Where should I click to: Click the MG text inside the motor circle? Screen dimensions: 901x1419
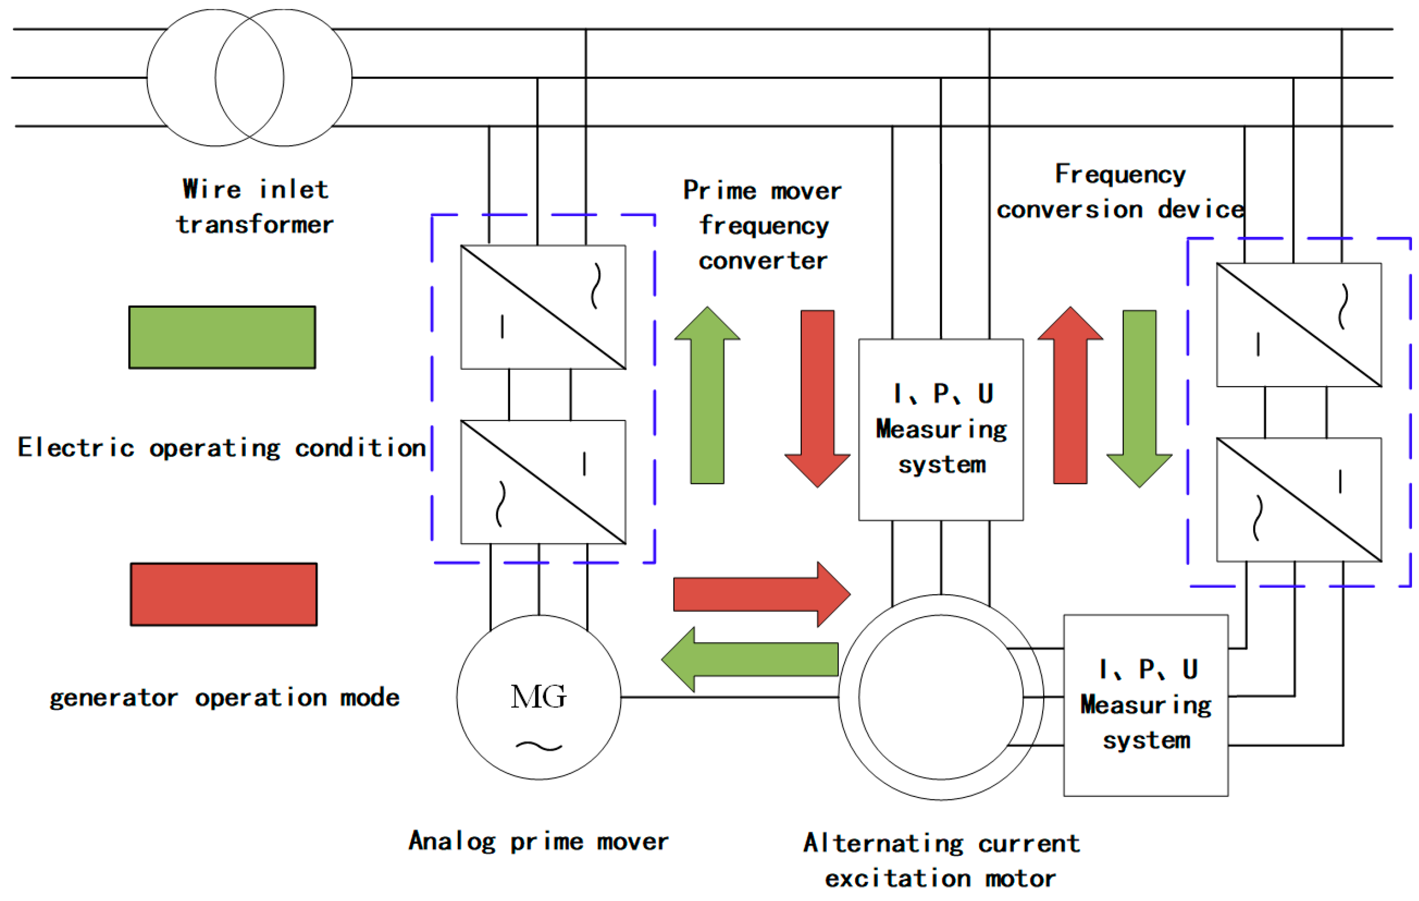(x=538, y=696)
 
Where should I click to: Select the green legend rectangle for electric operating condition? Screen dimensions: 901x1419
(x=222, y=338)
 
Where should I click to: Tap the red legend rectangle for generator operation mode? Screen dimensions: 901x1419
(x=223, y=594)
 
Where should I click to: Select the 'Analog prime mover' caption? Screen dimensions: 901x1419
(x=539, y=841)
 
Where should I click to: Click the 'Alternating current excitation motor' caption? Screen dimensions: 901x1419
(x=941, y=861)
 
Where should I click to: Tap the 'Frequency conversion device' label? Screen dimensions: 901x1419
(x=1120, y=192)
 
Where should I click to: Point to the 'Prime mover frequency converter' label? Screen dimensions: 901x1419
(x=763, y=225)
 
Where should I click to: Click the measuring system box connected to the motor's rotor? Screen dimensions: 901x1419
(x=1146, y=705)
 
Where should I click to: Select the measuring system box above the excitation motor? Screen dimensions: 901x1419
(x=941, y=430)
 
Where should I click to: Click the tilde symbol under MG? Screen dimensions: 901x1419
(x=539, y=747)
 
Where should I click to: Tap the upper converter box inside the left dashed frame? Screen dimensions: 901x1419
(x=543, y=307)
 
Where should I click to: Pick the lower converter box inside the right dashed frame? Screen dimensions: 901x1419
(x=1299, y=500)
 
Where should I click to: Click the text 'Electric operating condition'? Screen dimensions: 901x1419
(x=221, y=448)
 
